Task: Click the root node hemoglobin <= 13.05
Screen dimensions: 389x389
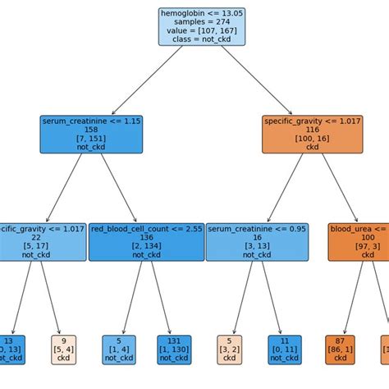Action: [x=201, y=26]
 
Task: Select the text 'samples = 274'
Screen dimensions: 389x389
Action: [x=201, y=21]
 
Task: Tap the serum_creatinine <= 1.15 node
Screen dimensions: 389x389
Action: [x=91, y=134]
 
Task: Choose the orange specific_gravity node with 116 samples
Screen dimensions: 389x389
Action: [x=312, y=134]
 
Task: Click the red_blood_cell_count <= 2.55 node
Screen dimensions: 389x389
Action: [x=146, y=242]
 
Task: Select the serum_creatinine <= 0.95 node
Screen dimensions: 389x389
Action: [x=257, y=242]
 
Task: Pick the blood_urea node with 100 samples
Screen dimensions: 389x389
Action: [x=359, y=242]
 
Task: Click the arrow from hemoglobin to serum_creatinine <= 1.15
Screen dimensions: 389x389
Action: [x=148, y=80]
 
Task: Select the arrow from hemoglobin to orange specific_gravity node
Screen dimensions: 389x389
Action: [x=256, y=80]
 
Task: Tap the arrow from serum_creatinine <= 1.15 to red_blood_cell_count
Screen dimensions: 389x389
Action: [x=119, y=188]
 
